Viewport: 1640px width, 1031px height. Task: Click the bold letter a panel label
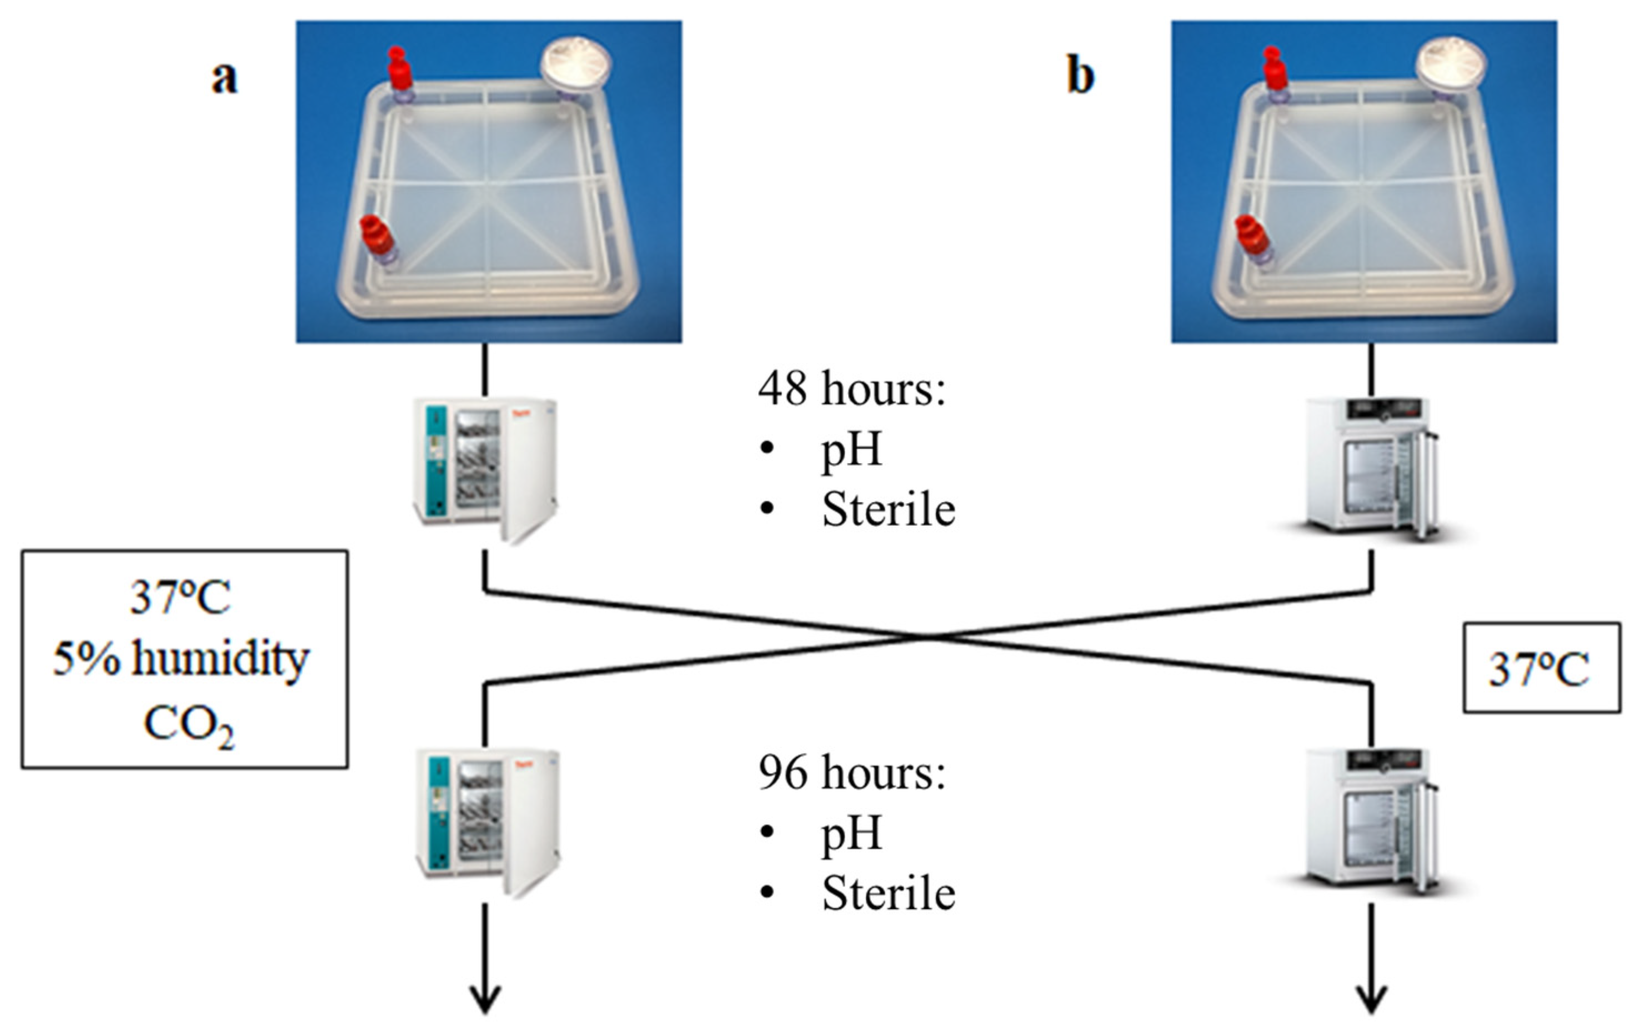pos(225,78)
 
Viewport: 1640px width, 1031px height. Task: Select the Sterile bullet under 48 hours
pos(888,509)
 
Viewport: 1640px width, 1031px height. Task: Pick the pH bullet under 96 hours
pos(851,833)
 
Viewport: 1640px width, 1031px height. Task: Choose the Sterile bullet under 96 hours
pos(888,893)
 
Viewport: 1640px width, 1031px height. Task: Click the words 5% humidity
pos(181,659)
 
